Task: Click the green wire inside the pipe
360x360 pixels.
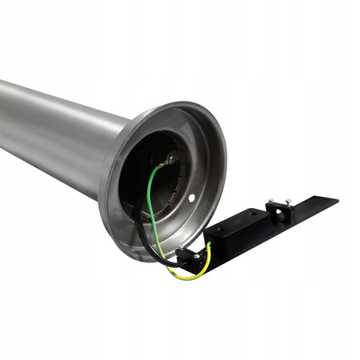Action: (x=149, y=192)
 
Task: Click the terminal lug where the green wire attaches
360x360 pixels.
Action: (x=168, y=162)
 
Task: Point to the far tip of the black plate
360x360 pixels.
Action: (x=334, y=200)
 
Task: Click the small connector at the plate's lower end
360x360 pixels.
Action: (x=186, y=256)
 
